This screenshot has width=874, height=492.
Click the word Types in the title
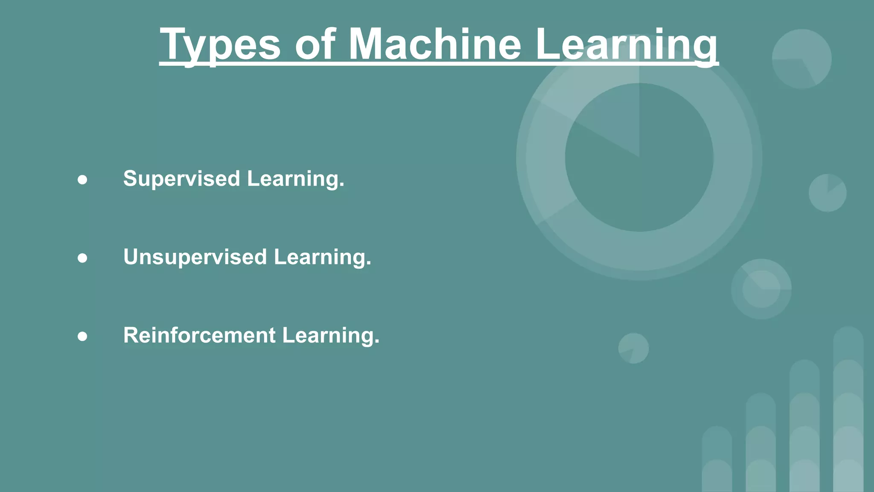point(220,45)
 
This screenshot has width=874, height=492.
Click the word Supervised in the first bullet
point(182,179)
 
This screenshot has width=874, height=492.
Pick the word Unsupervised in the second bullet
point(195,257)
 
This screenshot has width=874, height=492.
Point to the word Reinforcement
point(199,335)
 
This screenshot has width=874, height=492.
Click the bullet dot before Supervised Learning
point(82,180)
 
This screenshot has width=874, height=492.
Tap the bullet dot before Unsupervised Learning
point(82,258)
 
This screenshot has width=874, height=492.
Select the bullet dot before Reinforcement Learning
point(82,337)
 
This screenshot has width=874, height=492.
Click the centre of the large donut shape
point(639,157)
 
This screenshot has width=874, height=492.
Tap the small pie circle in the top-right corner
point(802,59)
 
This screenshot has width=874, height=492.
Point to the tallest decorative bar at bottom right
point(848,410)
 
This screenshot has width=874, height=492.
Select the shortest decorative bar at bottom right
point(717,459)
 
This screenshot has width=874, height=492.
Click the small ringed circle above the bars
point(761,289)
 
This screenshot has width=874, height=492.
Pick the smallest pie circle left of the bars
point(634,348)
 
